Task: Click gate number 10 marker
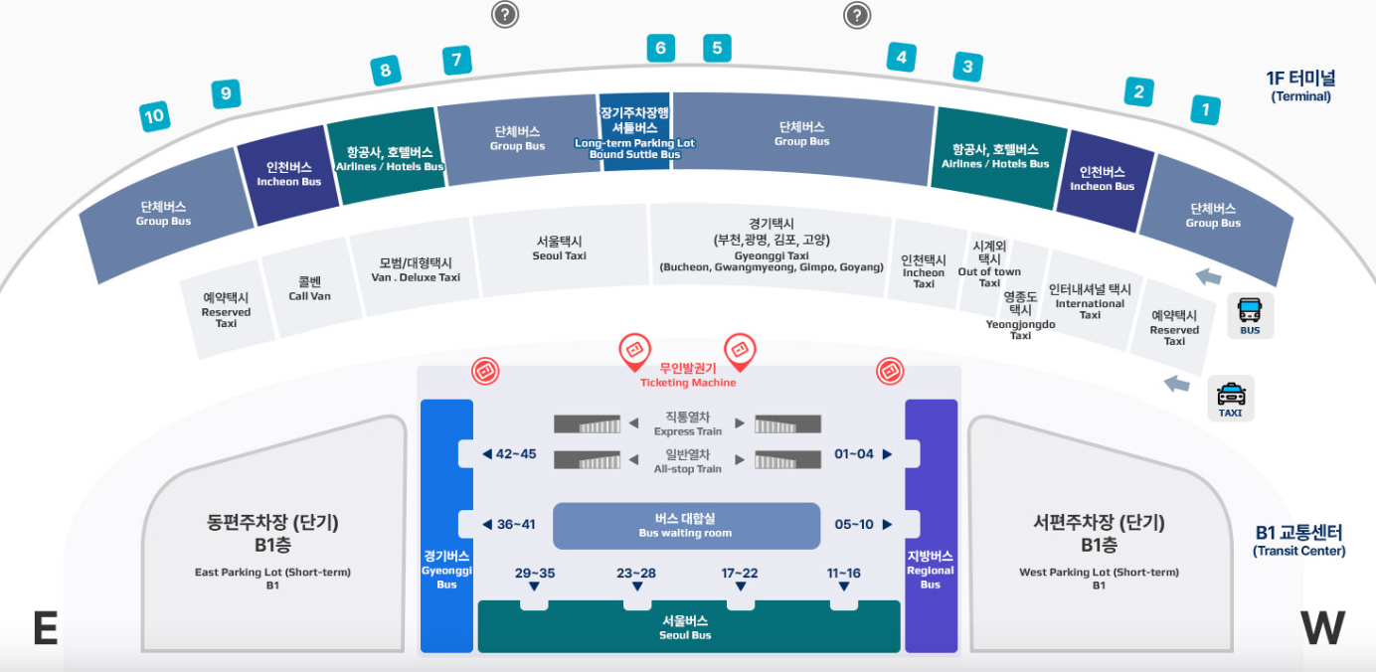154,117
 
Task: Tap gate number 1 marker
1205,109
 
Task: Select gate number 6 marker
659,48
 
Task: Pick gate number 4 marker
901,58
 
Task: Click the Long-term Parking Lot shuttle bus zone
634,133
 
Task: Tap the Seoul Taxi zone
559,249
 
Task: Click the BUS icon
1250,315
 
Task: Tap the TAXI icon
1230,398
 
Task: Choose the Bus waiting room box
686,526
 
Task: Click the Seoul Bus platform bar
688,627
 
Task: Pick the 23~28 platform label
636,574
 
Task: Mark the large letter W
1322,628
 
